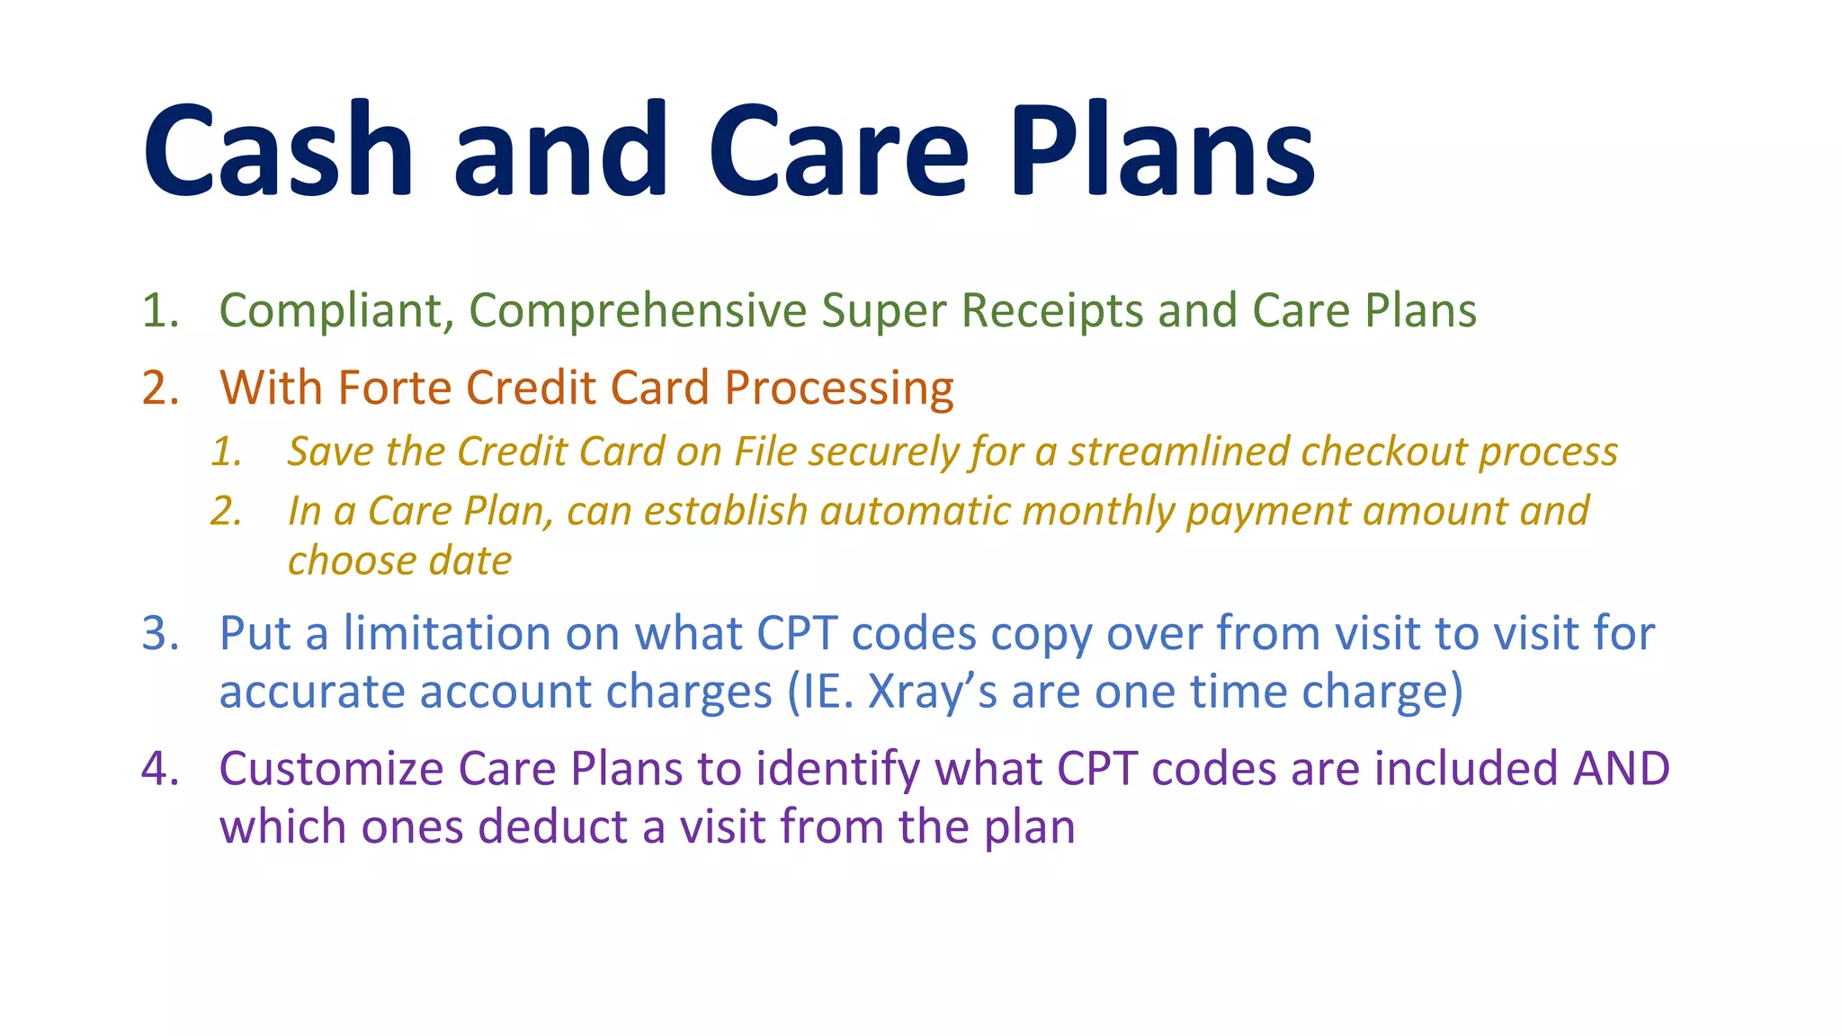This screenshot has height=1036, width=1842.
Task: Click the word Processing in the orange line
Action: (839, 388)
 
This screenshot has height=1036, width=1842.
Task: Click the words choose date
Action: (399, 561)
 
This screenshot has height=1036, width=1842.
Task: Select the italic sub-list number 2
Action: (226, 512)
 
